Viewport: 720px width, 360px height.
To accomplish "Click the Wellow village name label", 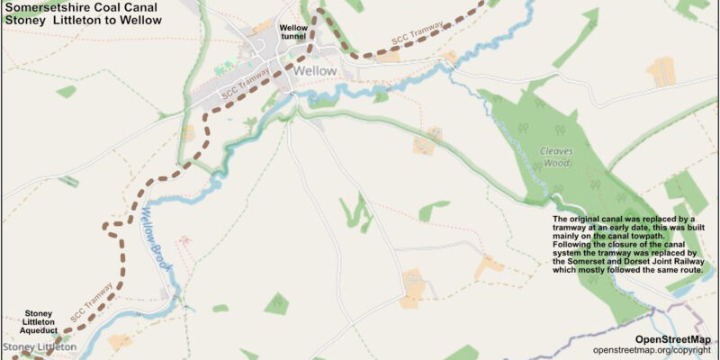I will (314, 70).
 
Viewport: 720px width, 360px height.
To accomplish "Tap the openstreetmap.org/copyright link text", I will (652, 349).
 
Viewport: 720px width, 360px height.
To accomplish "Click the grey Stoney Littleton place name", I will (40, 346).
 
